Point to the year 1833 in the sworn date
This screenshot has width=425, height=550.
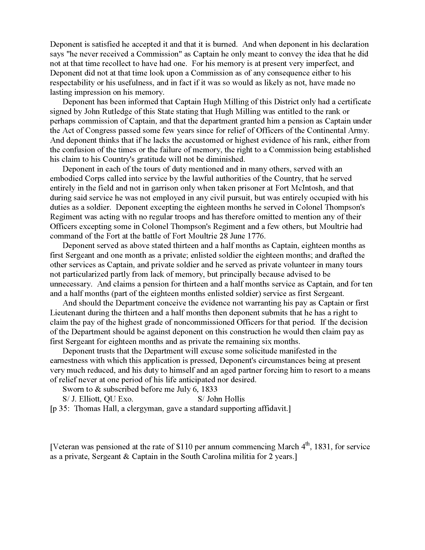[x=209, y=389]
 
